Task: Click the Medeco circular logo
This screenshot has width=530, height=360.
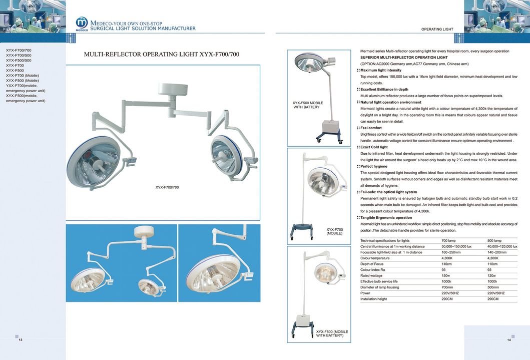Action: point(82,24)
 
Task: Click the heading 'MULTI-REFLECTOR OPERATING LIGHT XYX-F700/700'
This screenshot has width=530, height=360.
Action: point(161,54)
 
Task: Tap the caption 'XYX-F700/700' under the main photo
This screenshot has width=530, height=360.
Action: point(167,187)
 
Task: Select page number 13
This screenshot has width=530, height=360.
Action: point(21,340)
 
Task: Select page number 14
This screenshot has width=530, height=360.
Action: point(508,340)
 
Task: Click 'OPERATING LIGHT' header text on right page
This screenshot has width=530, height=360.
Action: point(437,30)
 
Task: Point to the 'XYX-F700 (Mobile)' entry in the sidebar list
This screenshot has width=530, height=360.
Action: point(22,76)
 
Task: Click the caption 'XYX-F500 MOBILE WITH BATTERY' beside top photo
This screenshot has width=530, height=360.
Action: point(308,105)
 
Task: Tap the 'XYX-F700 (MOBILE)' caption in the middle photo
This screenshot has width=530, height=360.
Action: point(334,231)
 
